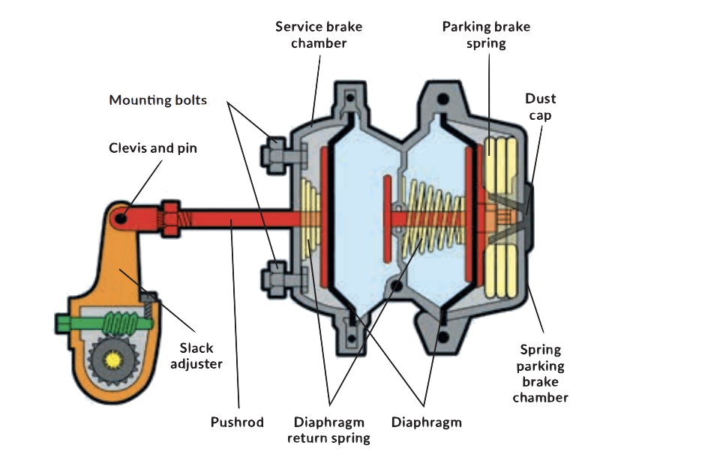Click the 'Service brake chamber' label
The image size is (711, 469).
coord(318,34)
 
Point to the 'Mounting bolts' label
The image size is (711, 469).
coord(157,100)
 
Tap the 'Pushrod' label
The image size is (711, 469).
coord(236,423)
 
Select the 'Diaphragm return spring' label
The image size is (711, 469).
coord(329,430)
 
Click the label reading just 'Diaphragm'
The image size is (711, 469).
coord(427,423)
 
